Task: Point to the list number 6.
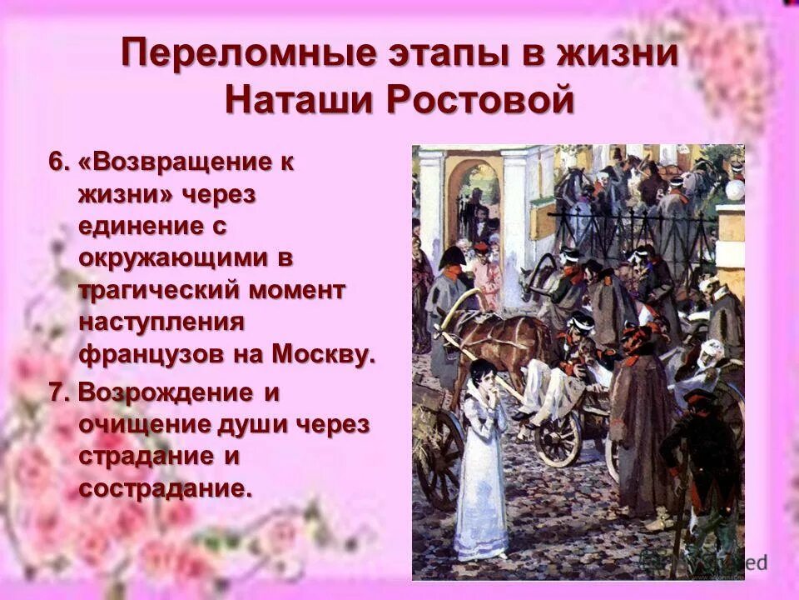click(58, 162)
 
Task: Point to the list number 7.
click(58, 392)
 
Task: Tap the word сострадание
click(164, 487)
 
